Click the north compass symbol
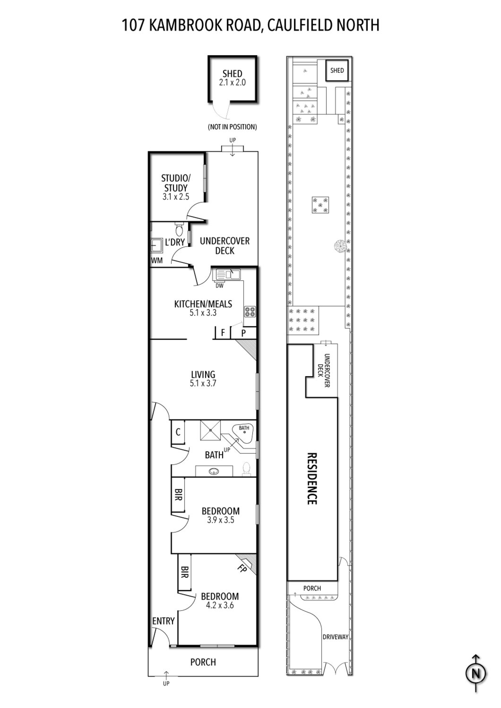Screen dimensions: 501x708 pos(476,673)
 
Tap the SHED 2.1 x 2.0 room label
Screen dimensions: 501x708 pos(232,78)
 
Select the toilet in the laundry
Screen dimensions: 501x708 pos(179,229)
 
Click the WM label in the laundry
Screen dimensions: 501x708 pos(157,261)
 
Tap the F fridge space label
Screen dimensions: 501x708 pos(223,333)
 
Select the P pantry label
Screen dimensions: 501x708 pos(244,333)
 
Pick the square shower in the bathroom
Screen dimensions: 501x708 pos(211,430)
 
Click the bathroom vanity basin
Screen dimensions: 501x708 pos(214,471)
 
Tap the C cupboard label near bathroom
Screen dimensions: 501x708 pos(178,432)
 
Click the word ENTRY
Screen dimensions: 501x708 pos(163,621)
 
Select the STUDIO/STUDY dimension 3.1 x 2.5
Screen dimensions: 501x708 pos(176,197)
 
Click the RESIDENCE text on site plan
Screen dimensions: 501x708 pos(312,478)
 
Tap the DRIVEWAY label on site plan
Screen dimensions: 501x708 pos(335,637)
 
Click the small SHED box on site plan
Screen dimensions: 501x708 pos(337,70)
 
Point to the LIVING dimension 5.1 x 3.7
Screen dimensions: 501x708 pos(203,383)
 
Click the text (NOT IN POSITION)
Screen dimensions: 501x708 pos(232,127)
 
